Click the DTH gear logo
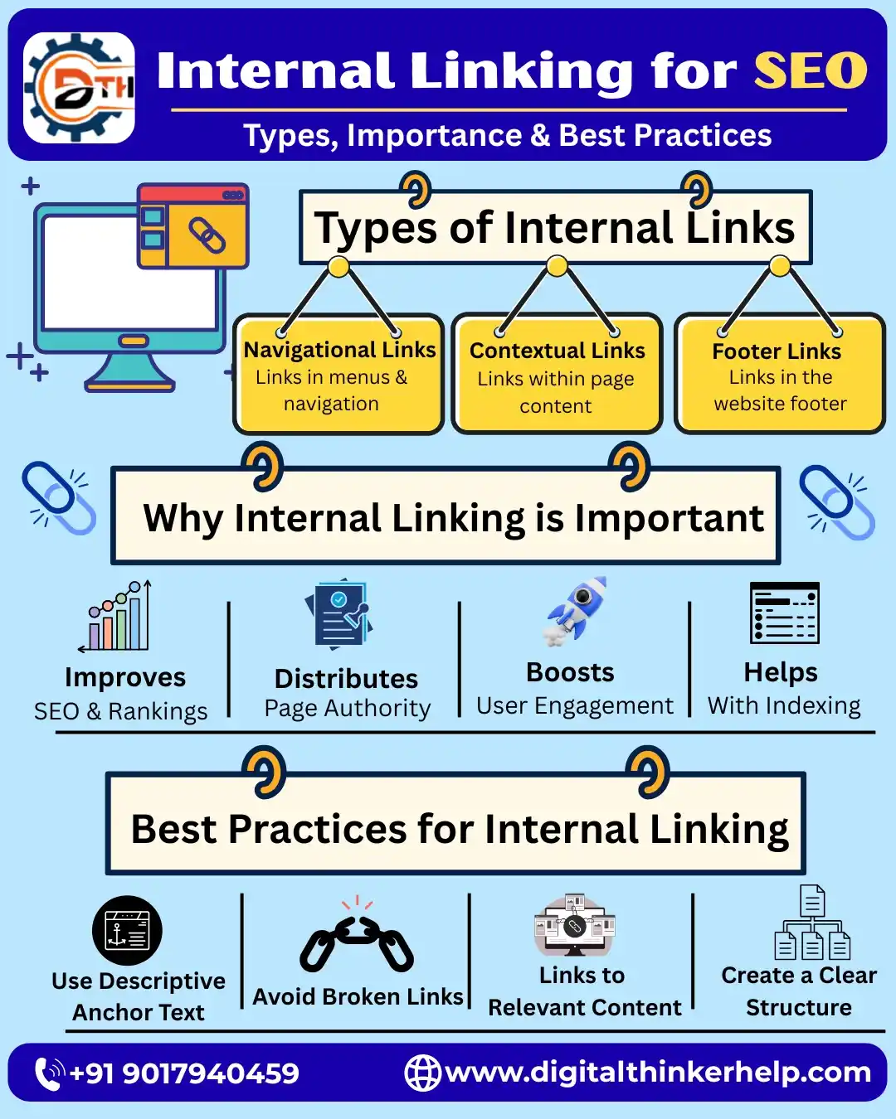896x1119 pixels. pos(80,88)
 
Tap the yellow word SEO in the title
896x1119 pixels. pos(811,70)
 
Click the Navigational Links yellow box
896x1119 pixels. pos(338,375)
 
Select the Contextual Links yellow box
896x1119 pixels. pos(557,375)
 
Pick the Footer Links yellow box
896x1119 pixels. pos(779,375)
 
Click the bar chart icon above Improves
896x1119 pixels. pos(118,618)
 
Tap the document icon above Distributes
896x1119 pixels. pos(340,613)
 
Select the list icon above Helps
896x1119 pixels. pos(784,613)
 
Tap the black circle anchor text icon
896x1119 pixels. pos(127,931)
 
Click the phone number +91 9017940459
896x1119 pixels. pos(184,1073)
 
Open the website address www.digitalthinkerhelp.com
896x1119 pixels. pos(658,1072)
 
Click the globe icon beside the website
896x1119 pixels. pos(422,1073)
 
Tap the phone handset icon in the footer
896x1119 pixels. pos(49,1073)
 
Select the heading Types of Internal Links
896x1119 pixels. pos(554,228)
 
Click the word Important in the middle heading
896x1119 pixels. pos(669,519)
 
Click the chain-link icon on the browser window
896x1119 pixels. pos(207,235)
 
